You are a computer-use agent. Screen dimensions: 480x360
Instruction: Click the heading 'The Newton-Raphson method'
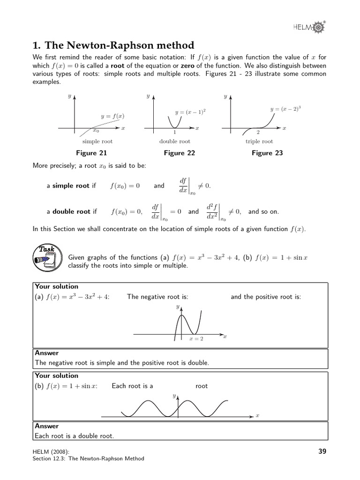[113, 45]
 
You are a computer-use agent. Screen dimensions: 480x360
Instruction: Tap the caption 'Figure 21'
[91, 153]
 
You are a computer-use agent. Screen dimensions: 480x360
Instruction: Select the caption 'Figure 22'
[179, 153]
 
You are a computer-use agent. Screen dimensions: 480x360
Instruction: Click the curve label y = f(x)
[113, 116]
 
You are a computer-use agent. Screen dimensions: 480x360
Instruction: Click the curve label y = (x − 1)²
[190, 112]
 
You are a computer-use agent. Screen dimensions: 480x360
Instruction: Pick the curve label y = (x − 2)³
[285, 109]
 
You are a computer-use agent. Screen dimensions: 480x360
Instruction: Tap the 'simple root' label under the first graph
[97, 141]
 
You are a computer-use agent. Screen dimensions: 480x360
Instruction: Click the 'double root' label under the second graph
[175, 141]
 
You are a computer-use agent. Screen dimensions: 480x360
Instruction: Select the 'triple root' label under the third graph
[259, 141]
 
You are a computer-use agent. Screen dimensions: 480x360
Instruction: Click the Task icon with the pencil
[45, 257]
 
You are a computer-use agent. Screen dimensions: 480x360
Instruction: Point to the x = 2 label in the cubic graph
[196, 338]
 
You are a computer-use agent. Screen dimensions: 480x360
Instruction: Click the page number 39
[322, 451]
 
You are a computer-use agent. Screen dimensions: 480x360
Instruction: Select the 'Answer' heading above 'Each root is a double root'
[47, 426]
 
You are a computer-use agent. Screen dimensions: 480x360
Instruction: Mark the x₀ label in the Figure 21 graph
[96, 131]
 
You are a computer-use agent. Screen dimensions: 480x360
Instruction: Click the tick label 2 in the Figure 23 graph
[258, 133]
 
